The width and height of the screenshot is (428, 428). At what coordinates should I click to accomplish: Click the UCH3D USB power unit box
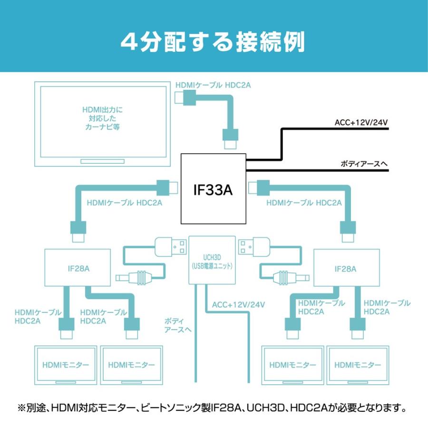pos(213,260)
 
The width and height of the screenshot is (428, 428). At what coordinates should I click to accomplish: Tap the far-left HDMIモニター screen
pos(66,365)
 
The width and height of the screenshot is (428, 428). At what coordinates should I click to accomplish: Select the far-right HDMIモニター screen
pos(358,365)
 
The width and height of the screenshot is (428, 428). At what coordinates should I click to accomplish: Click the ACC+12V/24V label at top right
pos(361,123)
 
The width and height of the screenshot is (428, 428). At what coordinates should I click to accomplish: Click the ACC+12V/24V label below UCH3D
pos(238,304)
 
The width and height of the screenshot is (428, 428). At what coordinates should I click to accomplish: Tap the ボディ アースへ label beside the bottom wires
pos(177,325)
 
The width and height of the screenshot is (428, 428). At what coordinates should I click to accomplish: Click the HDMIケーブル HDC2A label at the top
pos(213,85)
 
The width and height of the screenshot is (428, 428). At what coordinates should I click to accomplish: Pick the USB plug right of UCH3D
pos(254,246)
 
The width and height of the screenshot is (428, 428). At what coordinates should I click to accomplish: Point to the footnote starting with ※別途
pos(214,408)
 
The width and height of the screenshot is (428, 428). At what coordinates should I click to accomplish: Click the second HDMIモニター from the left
pos(131,365)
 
